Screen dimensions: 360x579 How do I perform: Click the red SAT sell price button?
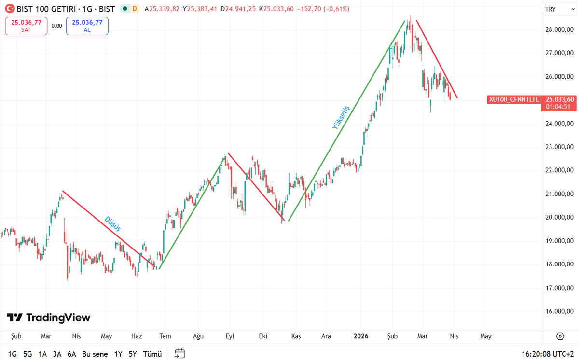pyautogui.click(x=26, y=26)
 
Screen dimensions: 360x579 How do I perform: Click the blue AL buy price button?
pyautogui.click(x=87, y=26)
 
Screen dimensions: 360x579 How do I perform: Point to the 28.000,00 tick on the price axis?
pyautogui.click(x=559, y=29)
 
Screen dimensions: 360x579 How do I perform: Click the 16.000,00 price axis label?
pyautogui.click(x=559, y=311)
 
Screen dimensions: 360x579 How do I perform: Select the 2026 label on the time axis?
pyautogui.click(x=361, y=336)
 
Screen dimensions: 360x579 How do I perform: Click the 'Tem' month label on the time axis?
pyautogui.click(x=165, y=336)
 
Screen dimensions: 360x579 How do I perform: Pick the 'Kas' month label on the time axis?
pyautogui.click(x=296, y=336)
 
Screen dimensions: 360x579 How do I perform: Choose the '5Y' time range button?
pyautogui.click(x=133, y=354)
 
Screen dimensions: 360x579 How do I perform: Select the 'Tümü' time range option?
pyautogui.click(x=152, y=354)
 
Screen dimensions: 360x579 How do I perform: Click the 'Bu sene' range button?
pyautogui.click(x=95, y=354)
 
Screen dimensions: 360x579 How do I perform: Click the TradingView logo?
pyautogui.click(x=48, y=318)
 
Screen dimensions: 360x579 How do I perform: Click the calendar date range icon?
pyautogui.click(x=180, y=354)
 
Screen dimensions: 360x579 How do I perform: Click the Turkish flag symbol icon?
pyautogui.click(x=9, y=9)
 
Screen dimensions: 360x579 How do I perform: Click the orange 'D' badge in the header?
pyautogui.click(x=134, y=9)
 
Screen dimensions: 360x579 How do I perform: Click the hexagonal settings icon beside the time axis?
pyautogui.click(x=560, y=336)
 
